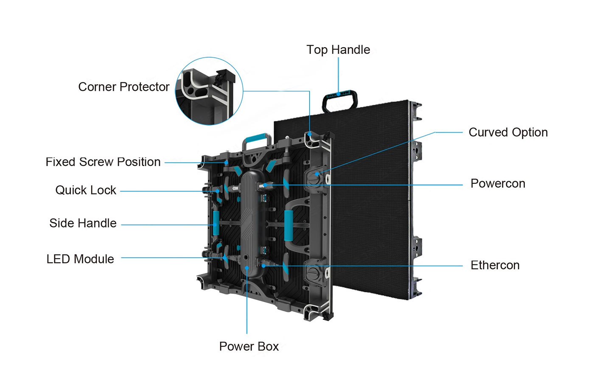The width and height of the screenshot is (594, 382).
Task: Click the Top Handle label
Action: tap(338, 50)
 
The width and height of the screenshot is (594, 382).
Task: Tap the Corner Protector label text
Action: tap(123, 87)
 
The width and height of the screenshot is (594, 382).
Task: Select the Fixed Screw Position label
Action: tap(103, 162)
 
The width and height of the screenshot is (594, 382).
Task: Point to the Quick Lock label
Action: tap(86, 190)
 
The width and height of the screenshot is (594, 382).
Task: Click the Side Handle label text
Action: tap(83, 223)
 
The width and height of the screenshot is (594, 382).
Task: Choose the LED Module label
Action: tap(80, 259)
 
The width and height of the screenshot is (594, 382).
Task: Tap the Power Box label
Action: tap(249, 346)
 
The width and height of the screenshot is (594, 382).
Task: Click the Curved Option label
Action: tap(508, 132)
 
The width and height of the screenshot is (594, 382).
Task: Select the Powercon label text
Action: tap(498, 184)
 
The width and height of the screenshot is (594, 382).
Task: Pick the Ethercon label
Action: tap(495, 265)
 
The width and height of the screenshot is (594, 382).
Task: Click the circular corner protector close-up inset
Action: tap(209, 91)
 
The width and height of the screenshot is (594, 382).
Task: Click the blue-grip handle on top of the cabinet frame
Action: tap(257, 139)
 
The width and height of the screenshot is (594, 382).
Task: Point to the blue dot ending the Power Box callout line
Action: tap(247, 268)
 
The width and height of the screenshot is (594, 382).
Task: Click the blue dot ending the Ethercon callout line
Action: tap(263, 266)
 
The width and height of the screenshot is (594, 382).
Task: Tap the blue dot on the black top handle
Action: tap(339, 94)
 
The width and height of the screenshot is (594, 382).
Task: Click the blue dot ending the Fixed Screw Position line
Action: tap(227, 163)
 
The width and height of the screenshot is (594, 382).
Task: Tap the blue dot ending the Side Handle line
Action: tap(216, 225)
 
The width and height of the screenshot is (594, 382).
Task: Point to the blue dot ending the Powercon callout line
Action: tap(264, 185)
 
